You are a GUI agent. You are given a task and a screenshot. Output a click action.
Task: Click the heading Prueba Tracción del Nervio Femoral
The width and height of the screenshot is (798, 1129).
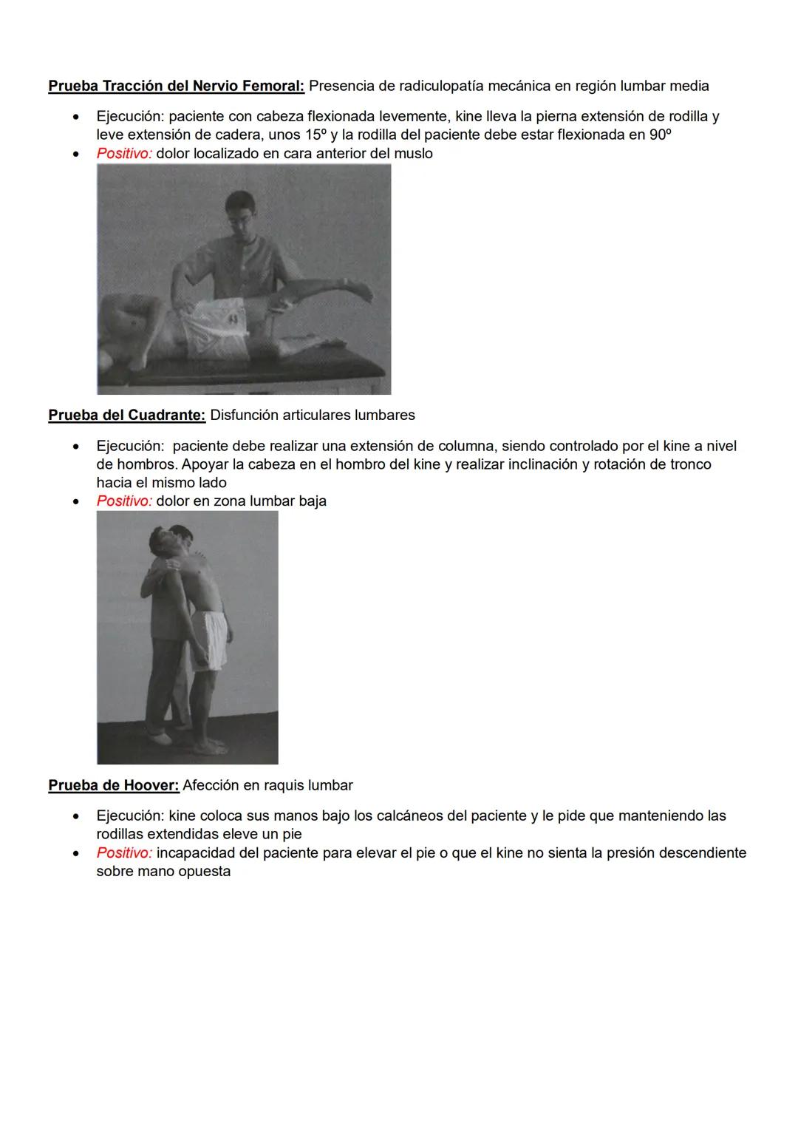[x=176, y=86]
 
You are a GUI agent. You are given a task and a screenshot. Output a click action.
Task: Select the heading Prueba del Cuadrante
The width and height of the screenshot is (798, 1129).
[x=126, y=415]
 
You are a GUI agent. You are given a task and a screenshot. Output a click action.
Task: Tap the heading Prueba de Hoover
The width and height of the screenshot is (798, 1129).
[x=114, y=785]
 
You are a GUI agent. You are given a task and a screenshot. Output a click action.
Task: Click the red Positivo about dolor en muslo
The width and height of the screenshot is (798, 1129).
[x=124, y=154]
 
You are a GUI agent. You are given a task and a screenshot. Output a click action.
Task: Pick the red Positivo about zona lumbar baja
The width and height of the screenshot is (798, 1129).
[x=124, y=501]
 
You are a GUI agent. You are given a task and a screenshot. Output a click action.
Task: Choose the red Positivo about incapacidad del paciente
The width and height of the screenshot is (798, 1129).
[x=124, y=852]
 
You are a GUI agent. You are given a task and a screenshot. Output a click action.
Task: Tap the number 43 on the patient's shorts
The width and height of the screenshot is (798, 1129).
[x=233, y=319]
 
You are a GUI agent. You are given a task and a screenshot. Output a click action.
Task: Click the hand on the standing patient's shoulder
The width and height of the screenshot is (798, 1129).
[x=173, y=566]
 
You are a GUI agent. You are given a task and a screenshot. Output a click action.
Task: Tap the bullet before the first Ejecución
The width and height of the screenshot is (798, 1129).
[x=75, y=117]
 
